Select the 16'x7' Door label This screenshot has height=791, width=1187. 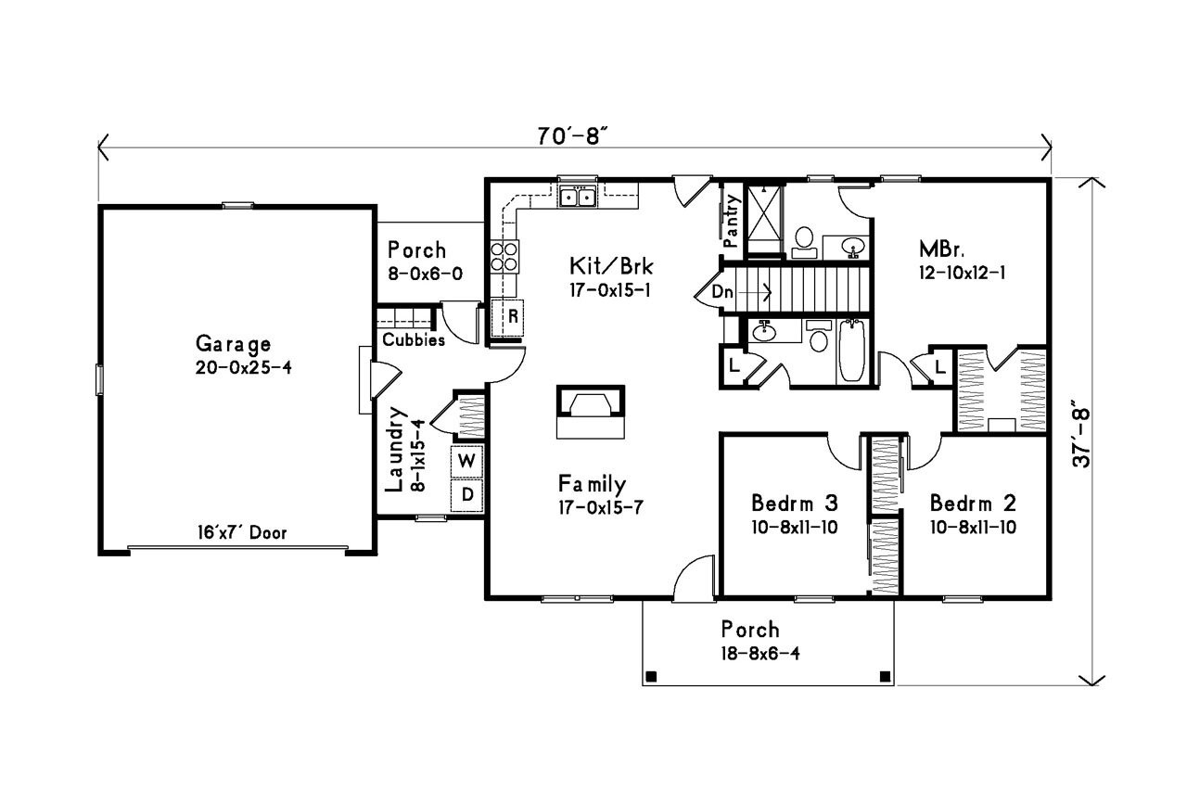(240, 533)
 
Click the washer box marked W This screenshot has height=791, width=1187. (468, 460)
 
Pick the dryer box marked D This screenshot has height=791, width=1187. (468, 495)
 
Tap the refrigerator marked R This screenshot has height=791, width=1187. (511, 315)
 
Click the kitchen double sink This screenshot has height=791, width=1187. (578, 197)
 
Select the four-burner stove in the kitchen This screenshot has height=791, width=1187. (504, 256)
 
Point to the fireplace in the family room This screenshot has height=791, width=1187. (590, 412)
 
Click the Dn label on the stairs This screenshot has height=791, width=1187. (724, 292)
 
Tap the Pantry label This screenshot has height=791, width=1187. (732, 221)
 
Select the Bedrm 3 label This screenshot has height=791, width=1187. (795, 504)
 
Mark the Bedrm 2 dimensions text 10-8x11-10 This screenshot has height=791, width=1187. (973, 527)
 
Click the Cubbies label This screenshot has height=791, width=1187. (414, 340)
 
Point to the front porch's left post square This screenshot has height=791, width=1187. (651, 675)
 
